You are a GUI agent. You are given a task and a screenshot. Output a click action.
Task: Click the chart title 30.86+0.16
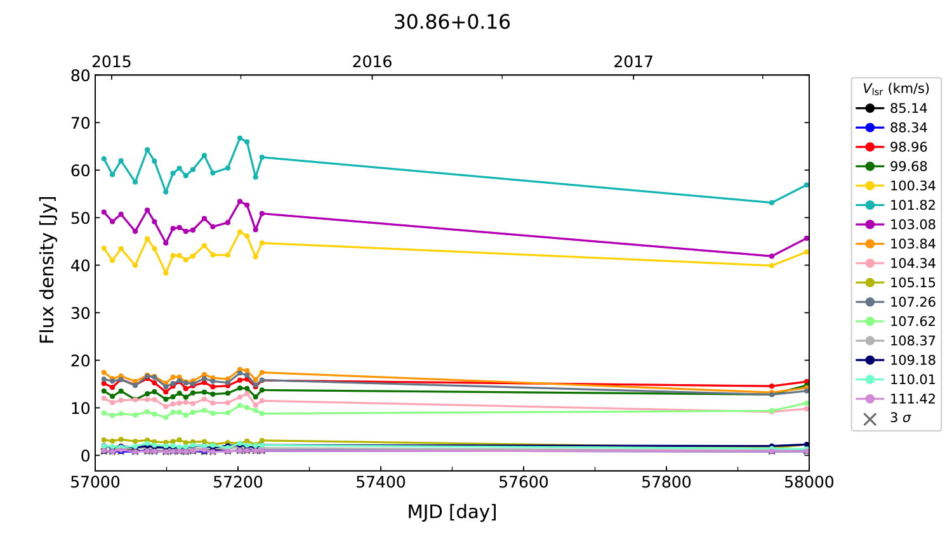452,22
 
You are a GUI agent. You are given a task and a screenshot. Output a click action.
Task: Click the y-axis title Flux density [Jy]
47,270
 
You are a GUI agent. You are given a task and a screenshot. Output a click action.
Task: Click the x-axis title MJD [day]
452,512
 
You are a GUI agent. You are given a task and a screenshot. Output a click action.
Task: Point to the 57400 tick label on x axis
381,482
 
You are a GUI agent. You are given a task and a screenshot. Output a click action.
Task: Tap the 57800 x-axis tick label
666,482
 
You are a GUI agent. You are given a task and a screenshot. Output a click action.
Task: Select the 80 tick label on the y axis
81,75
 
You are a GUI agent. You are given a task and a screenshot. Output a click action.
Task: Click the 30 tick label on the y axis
81,313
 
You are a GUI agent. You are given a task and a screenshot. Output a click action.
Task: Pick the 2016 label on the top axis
372,61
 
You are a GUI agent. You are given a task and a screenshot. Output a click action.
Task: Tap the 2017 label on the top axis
633,61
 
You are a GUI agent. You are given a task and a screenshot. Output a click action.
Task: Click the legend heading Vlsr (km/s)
896,89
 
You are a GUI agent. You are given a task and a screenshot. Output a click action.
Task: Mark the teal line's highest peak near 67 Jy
240,138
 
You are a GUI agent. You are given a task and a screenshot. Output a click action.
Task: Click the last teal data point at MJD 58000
807,184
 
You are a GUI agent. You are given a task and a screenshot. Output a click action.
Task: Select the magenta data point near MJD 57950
772,256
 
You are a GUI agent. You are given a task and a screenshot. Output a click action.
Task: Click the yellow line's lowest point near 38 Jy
166,273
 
